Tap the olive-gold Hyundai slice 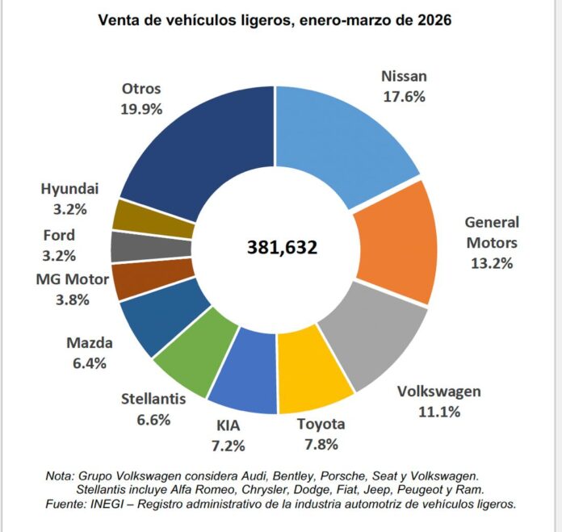[x=133, y=215]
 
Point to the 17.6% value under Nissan [x=403, y=95]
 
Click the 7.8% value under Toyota [x=321, y=444]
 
